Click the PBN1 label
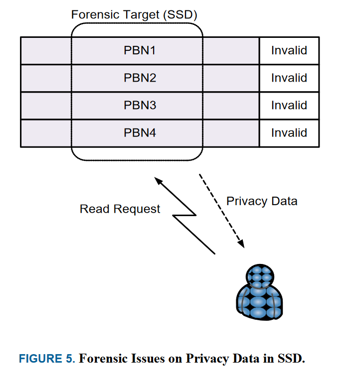140,50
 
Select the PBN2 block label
140,78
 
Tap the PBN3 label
140,106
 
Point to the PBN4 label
140,133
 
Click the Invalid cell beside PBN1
289,50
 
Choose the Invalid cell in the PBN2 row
289,78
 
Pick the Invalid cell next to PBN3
289,106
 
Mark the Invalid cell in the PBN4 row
289,133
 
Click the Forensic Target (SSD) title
134,14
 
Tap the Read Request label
120,209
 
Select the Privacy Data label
262,201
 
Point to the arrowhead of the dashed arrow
242,244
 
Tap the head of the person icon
260,275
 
